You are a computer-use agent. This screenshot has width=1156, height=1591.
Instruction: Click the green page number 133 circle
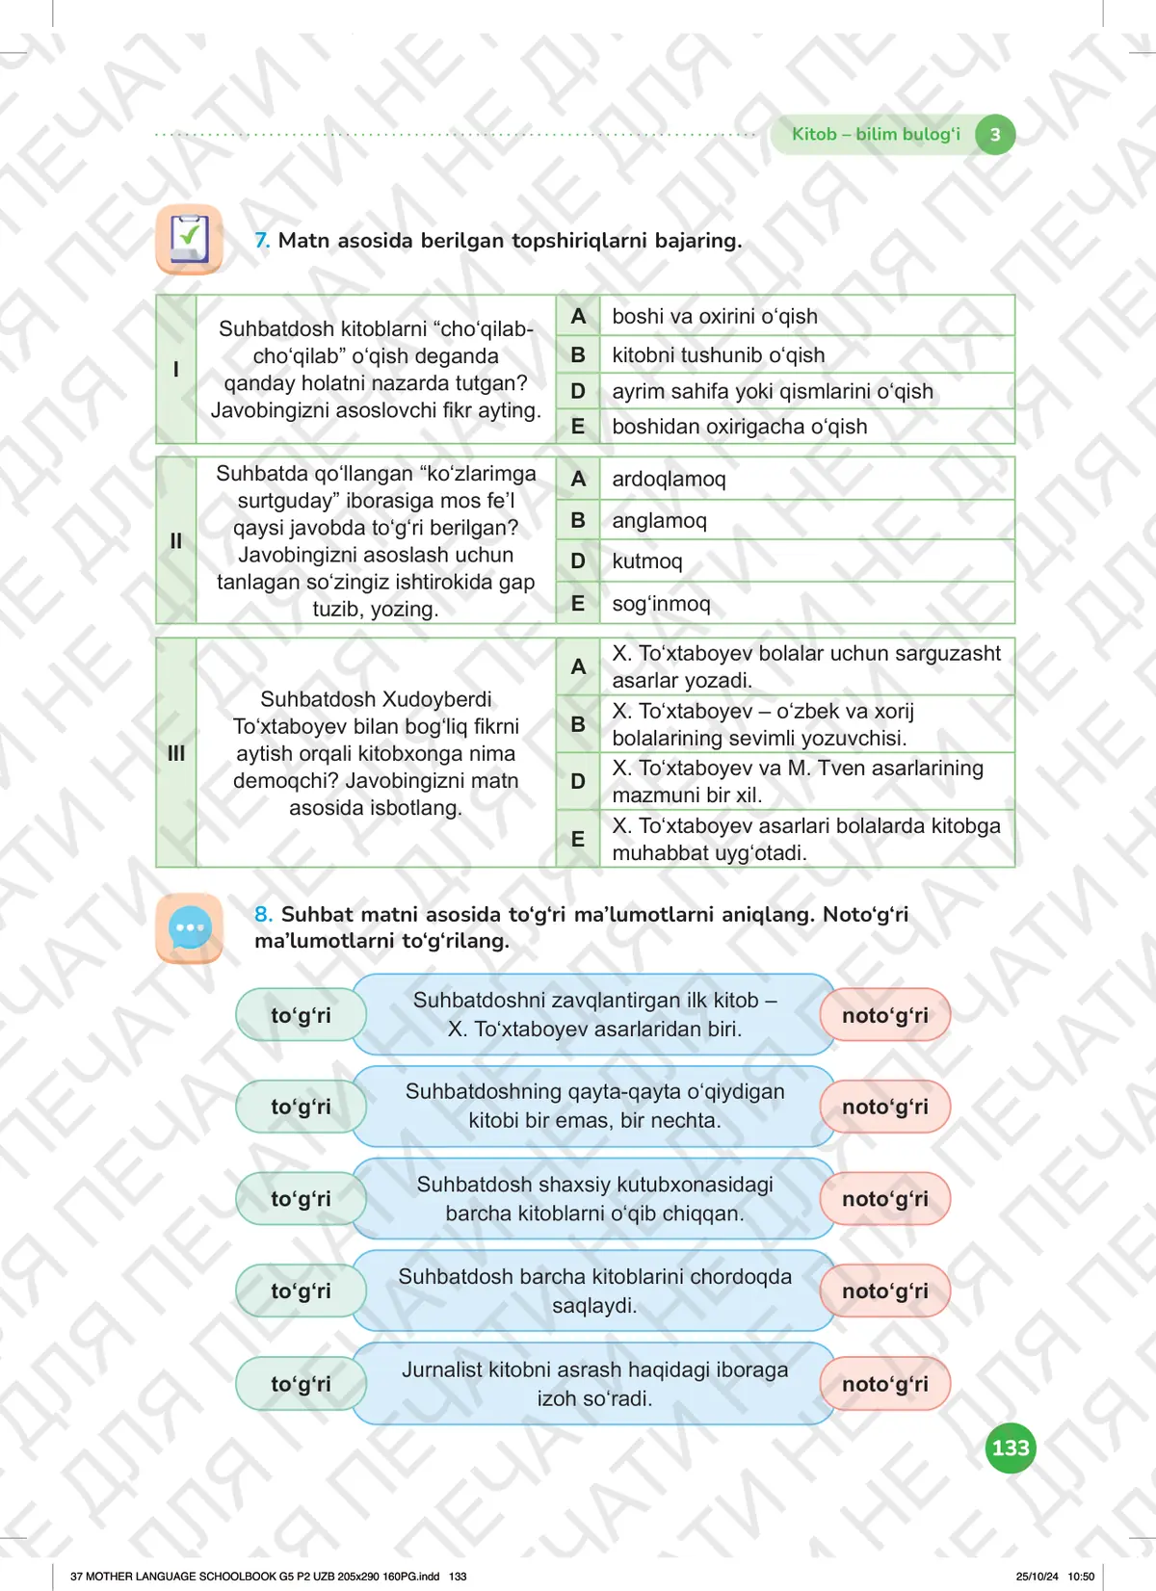coord(1011,1448)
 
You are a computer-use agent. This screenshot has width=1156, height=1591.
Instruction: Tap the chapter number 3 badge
coord(995,135)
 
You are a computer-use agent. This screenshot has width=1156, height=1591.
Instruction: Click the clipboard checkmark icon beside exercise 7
coord(189,239)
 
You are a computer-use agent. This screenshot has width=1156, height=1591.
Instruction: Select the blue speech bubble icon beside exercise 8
coord(190,928)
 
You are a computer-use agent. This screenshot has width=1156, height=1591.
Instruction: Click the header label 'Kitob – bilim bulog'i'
coord(876,135)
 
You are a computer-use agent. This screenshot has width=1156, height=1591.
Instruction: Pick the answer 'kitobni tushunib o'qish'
coord(718,355)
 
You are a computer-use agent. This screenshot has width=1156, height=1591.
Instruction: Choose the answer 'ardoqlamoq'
coord(669,479)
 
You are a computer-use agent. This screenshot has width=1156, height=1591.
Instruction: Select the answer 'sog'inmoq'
coord(661,604)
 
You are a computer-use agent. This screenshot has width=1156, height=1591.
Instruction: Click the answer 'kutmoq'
coord(646,561)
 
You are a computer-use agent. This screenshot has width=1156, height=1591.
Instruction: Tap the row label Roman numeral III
coord(176,753)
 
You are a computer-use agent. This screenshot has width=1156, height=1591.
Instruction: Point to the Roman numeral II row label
coord(176,541)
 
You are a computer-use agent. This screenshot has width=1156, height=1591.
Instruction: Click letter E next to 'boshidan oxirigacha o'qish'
coord(578,427)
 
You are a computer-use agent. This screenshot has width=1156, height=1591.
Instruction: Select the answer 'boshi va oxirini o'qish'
coord(714,316)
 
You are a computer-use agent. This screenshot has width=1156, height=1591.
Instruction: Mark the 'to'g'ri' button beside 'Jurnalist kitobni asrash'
coord(301,1384)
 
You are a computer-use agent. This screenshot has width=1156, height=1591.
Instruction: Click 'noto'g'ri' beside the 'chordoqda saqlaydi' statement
coord(884,1291)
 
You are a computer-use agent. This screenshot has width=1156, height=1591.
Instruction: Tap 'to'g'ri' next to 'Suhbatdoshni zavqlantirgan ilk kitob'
coord(301,1015)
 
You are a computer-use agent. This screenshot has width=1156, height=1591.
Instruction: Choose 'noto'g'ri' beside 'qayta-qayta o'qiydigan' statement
coord(884,1107)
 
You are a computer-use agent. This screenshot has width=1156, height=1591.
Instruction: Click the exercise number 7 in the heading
coord(262,241)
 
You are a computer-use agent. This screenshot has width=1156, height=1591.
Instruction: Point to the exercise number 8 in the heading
coord(263,914)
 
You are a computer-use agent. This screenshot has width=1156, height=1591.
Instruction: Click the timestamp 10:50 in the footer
coord(1081,1577)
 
